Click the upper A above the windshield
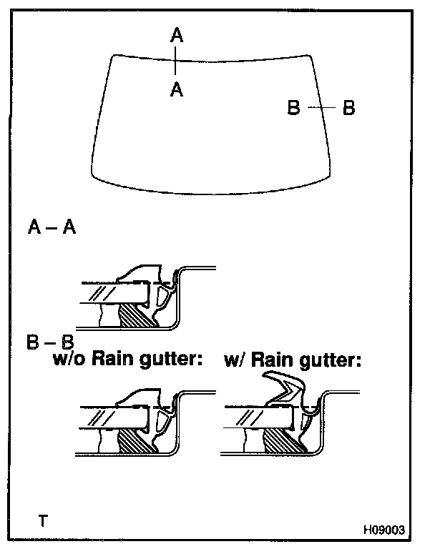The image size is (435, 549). (177, 35)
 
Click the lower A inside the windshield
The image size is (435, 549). (177, 89)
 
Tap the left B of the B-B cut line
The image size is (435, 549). (294, 107)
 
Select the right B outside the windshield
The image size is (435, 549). (348, 107)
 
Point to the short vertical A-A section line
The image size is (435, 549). (175, 61)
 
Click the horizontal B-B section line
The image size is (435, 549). (321, 107)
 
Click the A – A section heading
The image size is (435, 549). (52, 227)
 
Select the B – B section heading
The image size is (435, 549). (50, 342)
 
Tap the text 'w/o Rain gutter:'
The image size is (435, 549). (128, 359)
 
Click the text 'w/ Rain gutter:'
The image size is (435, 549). (293, 360)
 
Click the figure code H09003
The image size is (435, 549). (383, 530)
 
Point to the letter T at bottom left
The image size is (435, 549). (43, 520)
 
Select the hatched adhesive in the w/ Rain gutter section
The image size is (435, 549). (283, 441)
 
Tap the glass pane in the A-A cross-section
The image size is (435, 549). (114, 292)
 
